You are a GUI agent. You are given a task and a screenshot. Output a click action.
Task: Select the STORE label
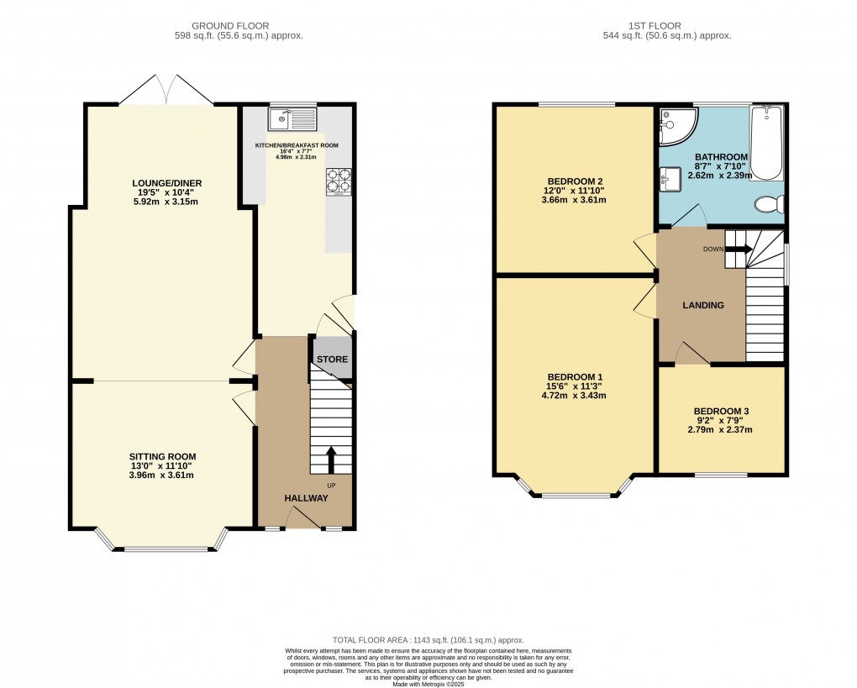(x=332, y=360)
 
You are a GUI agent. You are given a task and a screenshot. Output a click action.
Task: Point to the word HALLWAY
(x=306, y=498)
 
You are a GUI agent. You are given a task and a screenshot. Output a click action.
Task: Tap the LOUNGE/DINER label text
(x=166, y=183)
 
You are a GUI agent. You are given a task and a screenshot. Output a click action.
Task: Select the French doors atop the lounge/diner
(x=166, y=91)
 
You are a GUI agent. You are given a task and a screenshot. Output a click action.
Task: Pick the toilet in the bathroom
(x=769, y=204)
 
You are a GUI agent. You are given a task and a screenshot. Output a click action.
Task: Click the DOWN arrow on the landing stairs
(x=738, y=248)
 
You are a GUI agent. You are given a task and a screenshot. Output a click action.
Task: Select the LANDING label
(x=703, y=305)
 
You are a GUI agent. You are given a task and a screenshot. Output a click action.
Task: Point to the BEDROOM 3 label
(x=721, y=412)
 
